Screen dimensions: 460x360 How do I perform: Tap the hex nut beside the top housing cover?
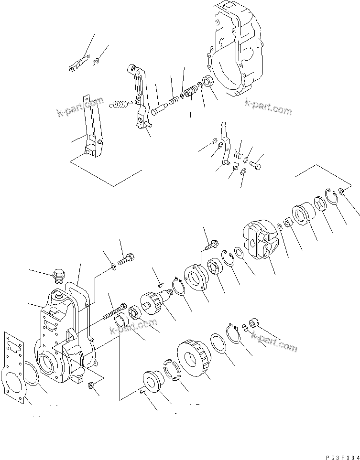point(208,82)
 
